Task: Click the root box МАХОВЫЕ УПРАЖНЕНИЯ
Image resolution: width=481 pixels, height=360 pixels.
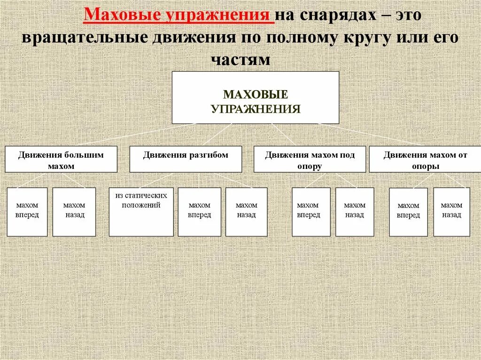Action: tap(255, 98)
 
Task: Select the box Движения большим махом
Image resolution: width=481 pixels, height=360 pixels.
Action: tap(61, 160)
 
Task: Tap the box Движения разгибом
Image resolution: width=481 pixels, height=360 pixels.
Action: tap(186, 159)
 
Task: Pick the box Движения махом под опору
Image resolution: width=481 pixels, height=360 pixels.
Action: tap(310, 160)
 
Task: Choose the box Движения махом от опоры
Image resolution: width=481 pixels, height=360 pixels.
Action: tap(425, 160)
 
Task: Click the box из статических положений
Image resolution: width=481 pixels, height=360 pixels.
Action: tap(141, 212)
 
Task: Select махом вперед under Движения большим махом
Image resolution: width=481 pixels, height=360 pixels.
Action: tap(27, 212)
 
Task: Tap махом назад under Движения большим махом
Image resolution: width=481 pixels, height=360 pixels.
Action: tap(74, 212)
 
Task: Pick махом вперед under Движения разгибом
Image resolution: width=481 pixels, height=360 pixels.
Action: tap(200, 212)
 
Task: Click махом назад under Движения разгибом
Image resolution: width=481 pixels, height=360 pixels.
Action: tap(246, 212)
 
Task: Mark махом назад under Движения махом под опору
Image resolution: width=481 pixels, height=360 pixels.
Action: tap(355, 212)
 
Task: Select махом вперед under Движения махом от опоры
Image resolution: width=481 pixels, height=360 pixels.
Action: tap(408, 212)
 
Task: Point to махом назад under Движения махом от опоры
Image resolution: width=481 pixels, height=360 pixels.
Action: tap(451, 212)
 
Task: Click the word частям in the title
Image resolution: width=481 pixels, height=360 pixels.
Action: tap(240, 60)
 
